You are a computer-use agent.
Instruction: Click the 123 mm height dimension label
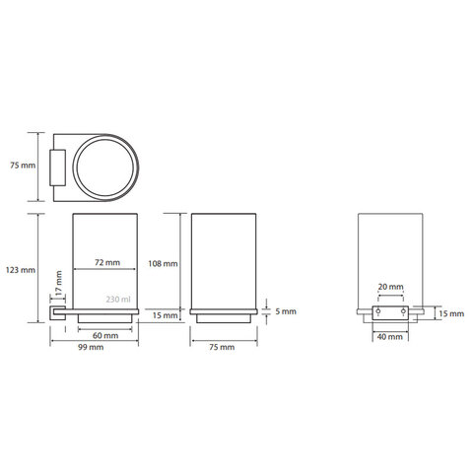pyautogui.click(x=21, y=270)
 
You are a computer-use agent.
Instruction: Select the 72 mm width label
pyautogui.click(x=107, y=262)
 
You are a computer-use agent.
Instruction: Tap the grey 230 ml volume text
pyautogui.click(x=118, y=300)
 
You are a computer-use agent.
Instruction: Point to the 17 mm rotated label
pyautogui.click(x=58, y=283)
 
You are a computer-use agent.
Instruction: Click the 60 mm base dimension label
pyautogui.click(x=105, y=335)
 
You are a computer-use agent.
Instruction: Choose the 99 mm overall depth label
pyautogui.click(x=91, y=347)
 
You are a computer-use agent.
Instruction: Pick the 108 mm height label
pyautogui.click(x=163, y=263)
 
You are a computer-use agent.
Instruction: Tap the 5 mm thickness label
pyautogui.click(x=286, y=311)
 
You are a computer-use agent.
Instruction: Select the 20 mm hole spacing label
pyautogui.click(x=390, y=287)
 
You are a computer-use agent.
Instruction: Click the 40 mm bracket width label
pyautogui.click(x=390, y=337)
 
